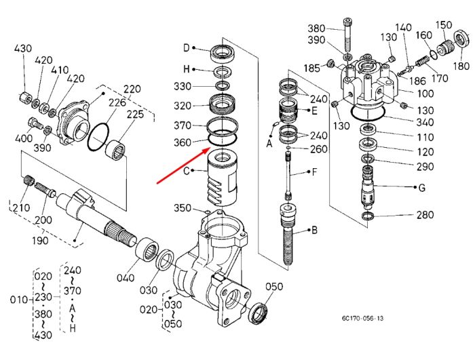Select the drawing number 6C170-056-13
(x=362, y=318)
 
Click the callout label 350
(x=183, y=208)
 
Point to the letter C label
(x=187, y=171)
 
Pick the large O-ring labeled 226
(x=98, y=136)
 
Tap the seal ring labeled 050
(x=258, y=313)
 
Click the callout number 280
(x=425, y=215)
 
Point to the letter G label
(x=421, y=188)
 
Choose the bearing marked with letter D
(x=223, y=54)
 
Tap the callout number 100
(x=425, y=94)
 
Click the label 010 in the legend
(x=19, y=300)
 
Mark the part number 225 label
(x=135, y=115)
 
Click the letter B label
(x=314, y=231)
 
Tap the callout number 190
(x=40, y=241)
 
